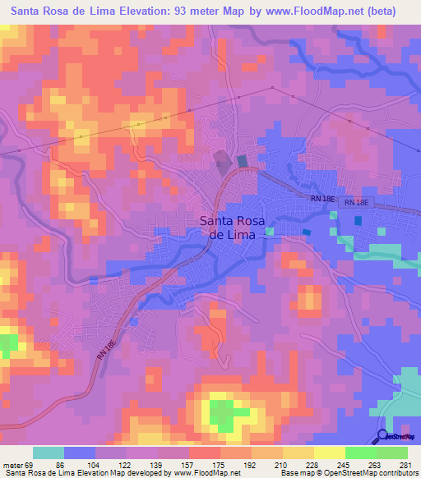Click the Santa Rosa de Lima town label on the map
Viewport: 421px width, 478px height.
pos(234,227)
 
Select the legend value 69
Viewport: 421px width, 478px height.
pos(36,465)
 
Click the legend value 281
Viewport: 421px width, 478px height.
pos(404,465)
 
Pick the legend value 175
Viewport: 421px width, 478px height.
pos(220,465)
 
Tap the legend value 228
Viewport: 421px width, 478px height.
pos(312,465)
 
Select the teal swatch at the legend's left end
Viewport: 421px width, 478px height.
pos(49,453)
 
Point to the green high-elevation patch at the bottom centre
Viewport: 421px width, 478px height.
pos(220,410)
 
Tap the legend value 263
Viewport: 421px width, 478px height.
pos(373,465)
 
